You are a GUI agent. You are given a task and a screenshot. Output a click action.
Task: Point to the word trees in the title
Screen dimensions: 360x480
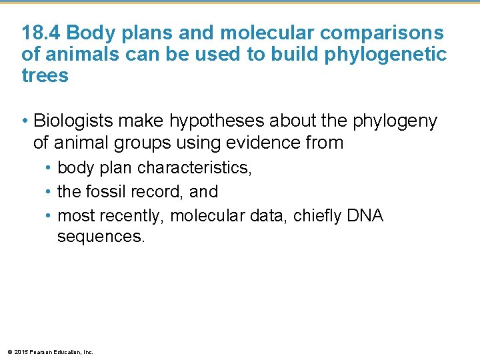(45, 75)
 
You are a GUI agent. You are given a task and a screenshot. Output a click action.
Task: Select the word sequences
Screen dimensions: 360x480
(100, 237)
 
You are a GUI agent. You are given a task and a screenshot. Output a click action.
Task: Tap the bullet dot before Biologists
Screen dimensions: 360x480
(24, 121)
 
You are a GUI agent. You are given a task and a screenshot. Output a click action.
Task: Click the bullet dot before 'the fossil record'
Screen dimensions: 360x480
(49, 192)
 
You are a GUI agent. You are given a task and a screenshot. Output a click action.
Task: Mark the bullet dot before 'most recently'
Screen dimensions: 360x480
(49, 216)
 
